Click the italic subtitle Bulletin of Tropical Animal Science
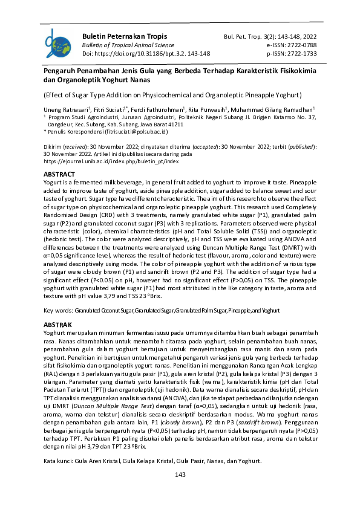click(120, 45)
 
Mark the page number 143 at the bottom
click(180, 475)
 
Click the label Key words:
click(57, 310)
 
